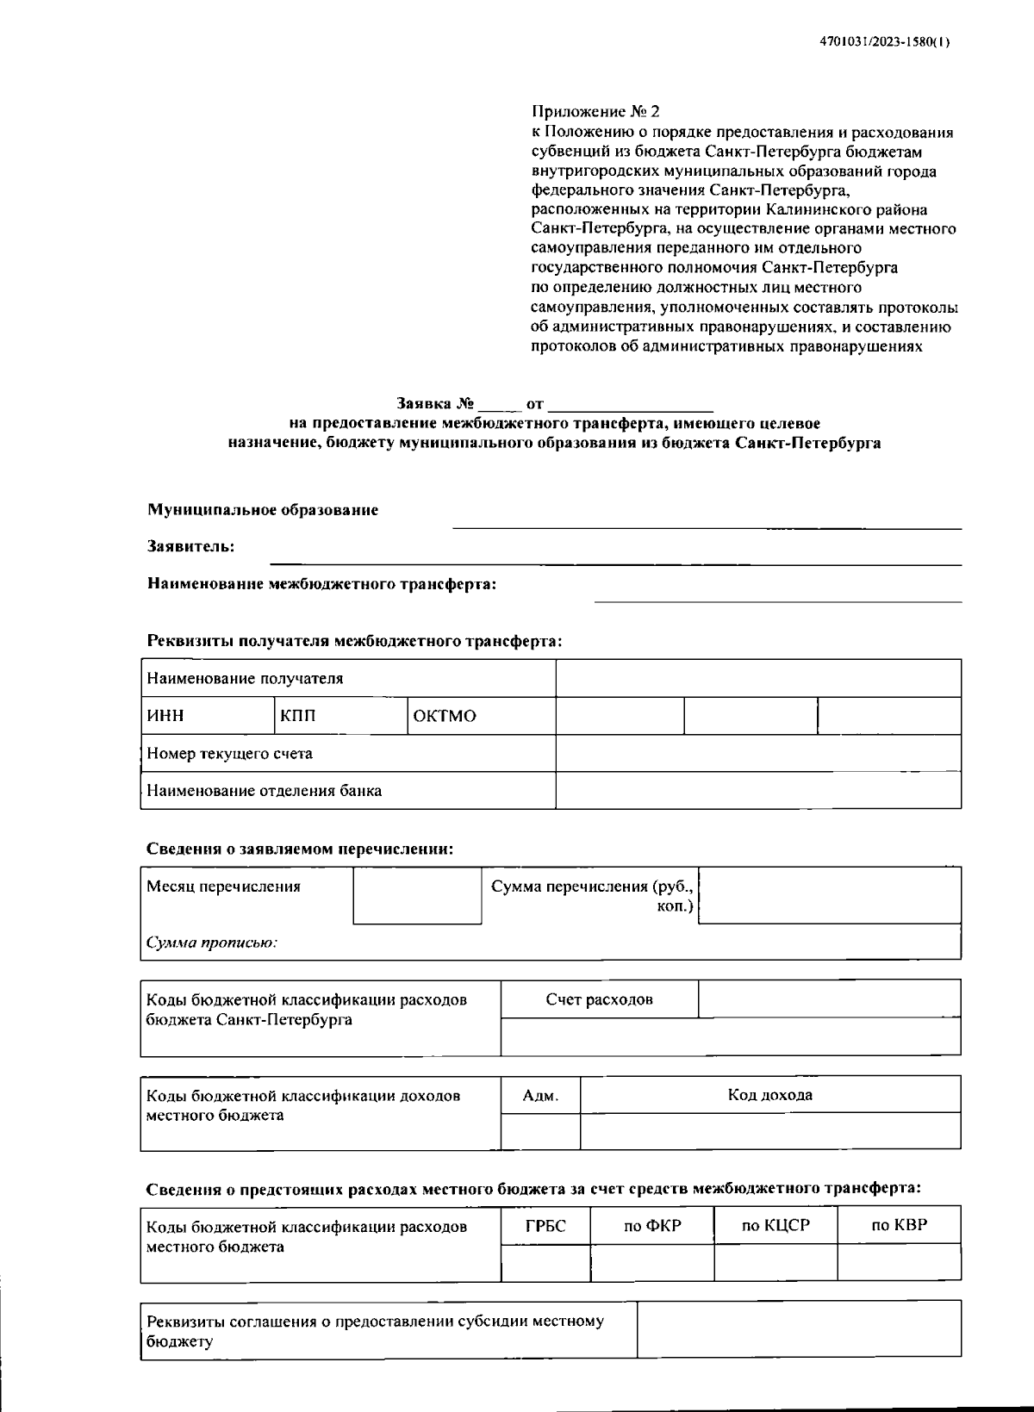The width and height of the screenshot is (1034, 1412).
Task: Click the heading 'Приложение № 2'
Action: pos(595,112)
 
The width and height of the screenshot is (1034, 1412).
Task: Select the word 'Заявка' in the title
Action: pos(424,403)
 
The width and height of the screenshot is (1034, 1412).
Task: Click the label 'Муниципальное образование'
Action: pos(263,510)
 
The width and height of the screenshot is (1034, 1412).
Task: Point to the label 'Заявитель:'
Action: pos(190,546)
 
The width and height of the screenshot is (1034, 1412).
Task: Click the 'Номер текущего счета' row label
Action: pos(229,754)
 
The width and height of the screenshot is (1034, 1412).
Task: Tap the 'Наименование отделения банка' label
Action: pos(264,791)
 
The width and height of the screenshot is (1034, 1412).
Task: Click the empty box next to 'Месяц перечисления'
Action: pos(417,896)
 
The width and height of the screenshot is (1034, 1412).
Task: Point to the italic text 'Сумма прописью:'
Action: pos(212,942)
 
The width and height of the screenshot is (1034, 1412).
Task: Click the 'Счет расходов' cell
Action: pos(599,999)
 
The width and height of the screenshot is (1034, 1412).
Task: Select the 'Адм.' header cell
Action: pos(540,1096)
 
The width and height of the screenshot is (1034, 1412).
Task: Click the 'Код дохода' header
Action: pos(769,1095)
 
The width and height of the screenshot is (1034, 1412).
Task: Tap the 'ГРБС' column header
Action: pos(545,1225)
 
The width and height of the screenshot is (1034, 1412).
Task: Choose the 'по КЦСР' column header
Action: pos(775,1225)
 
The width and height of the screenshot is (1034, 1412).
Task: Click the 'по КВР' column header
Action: pos(899,1225)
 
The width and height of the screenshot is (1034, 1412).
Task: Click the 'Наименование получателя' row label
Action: pos(245,679)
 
